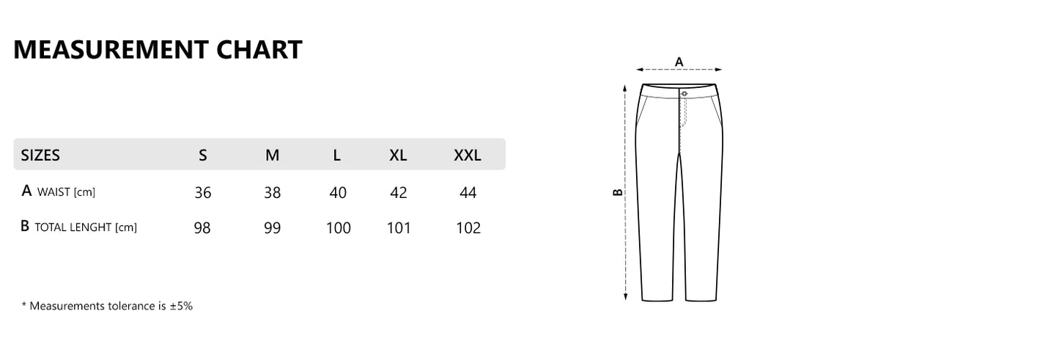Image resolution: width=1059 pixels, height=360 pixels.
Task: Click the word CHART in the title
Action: [259, 49]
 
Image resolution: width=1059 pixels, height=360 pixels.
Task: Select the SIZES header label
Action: [40, 155]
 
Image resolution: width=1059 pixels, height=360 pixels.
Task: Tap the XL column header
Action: [398, 155]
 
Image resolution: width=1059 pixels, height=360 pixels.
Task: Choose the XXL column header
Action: [468, 155]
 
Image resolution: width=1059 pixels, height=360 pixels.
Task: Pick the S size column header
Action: [203, 155]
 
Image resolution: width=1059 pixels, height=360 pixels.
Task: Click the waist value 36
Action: [203, 193]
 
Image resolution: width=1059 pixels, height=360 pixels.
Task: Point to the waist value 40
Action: [338, 193]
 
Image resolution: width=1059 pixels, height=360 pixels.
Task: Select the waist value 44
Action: [468, 193]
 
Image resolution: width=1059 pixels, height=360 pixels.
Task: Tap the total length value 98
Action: [202, 228]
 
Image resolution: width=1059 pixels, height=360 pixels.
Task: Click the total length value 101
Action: [399, 228]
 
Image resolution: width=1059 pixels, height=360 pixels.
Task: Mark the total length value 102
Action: [468, 228]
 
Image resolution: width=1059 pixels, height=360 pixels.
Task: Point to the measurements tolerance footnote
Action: [107, 306]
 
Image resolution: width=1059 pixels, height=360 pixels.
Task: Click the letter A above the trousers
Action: [679, 62]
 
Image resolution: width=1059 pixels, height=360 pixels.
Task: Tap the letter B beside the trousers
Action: [617, 192]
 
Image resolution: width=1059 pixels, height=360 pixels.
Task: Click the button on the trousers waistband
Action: [683, 93]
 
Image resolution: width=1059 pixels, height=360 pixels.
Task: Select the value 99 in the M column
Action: [273, 228]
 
